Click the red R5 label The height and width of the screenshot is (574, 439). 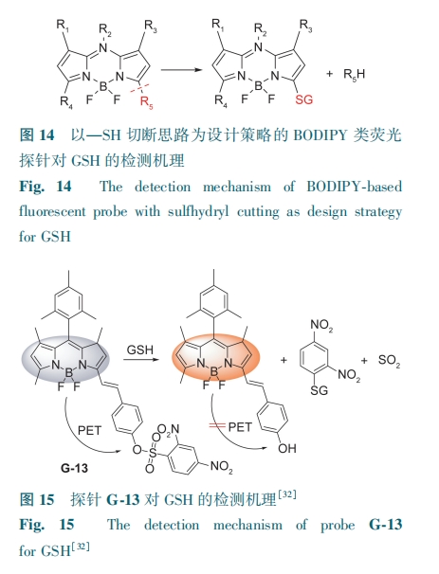coord(147,102)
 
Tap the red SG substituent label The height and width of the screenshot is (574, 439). coord(304,99)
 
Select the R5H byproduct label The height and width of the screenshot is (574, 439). coord(354,75)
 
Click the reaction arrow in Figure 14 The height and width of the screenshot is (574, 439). coord(182,69)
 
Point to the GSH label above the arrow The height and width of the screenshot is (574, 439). coord(140,350)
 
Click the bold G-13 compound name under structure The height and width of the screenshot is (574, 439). coord(74,468)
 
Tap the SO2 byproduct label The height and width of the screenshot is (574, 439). coord(389,361)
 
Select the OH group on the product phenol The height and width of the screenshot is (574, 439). coord(287,448)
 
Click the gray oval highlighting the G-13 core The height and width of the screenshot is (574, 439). coord(65,360)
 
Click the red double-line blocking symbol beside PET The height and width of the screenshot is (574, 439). coord(217,425)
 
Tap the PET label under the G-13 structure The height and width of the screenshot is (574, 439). coord(89,430)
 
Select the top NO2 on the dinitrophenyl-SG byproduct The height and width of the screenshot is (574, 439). coord(321,325)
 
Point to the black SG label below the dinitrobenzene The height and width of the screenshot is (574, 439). coord(319,390)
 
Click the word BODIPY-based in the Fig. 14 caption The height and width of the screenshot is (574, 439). coord(354,187)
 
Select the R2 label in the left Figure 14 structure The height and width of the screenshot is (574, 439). coord(105,30)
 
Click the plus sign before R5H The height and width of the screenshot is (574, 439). coord(329,74)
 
